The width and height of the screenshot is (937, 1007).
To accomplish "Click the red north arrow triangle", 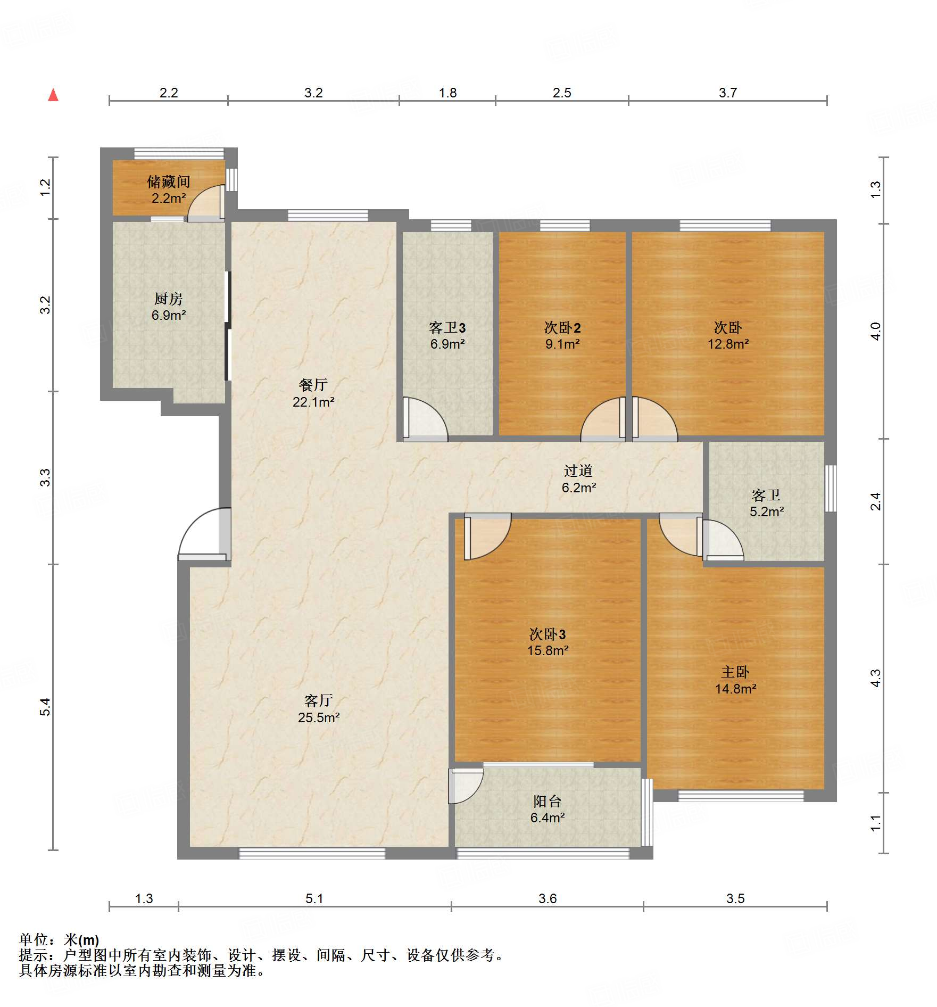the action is pyautogui.click(x=53, y=95).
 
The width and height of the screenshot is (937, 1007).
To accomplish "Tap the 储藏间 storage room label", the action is pyautogui.click(x=169, y=182).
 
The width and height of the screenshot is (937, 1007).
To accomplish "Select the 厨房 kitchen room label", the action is pyautogui.click(x=169, y=299).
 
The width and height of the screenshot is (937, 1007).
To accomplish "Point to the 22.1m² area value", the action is pyautogui.click(x=313, y=402).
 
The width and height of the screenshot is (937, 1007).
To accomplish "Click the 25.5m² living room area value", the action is pyautogui.click(x=319, y=717).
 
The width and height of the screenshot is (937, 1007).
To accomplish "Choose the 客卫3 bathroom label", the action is pyautogui.click(x=447, y=328).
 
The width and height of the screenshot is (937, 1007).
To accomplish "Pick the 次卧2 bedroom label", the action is pyautogui.click(x=562, y=328).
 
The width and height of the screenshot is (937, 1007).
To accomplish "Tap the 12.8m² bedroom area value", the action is pyautogui.click(x=728, y=344).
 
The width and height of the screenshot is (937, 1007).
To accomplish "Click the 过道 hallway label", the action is pyautogui.click(x=578, y=471).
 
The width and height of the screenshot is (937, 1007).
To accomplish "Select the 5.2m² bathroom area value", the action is pyautogui.click(x=767, y=511).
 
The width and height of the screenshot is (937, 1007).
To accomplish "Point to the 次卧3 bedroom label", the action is pyautogui.click(x=548, y=634).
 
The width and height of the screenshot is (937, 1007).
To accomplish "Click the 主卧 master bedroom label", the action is pyautogui.click(x=735, y=673).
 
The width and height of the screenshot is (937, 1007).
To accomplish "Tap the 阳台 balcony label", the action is pyautogui.click(x=548, y=802).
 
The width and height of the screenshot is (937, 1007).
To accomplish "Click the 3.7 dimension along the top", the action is pyautogui.click(x=728, y=93).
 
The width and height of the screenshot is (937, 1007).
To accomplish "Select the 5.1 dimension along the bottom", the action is pyautogui.click(x=314, y=898).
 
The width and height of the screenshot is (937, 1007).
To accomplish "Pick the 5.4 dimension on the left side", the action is pyautogui.click(x=45, y=707).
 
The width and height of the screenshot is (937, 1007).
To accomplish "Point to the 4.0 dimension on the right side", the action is pyautogui.click(x=876, y=331).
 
